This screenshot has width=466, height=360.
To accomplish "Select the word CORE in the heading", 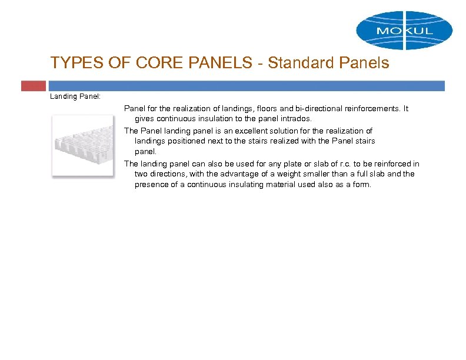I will coord(137,64).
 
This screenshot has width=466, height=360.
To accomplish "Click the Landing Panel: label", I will coord(75,96).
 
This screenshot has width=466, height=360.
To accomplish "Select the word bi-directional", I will coord(299,109).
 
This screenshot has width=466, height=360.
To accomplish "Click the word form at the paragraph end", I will coord(363,184).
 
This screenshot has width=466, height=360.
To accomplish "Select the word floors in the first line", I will coord(249,109).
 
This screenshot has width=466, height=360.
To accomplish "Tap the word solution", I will coord(287,131).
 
